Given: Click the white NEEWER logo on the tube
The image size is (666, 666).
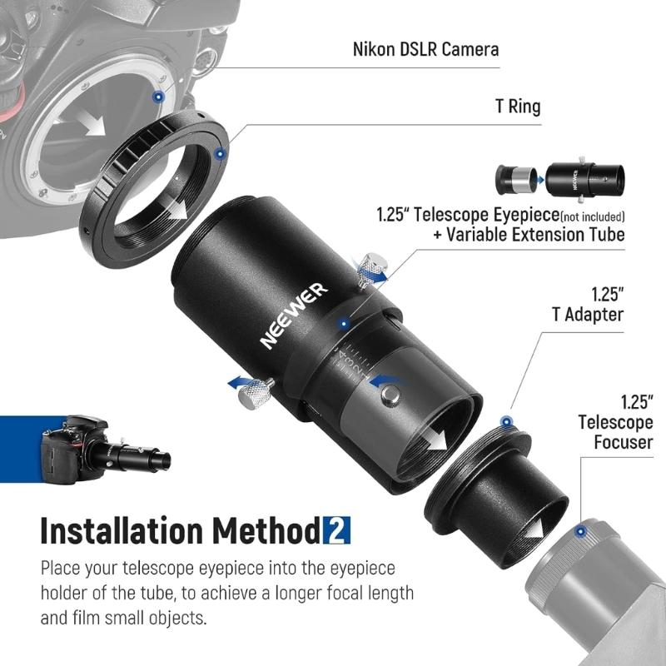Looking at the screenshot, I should (x=293, y=316).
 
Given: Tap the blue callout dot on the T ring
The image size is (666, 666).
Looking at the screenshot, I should (x=219, y=153).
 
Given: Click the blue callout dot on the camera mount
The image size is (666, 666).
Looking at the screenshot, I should (x=158, y=97).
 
